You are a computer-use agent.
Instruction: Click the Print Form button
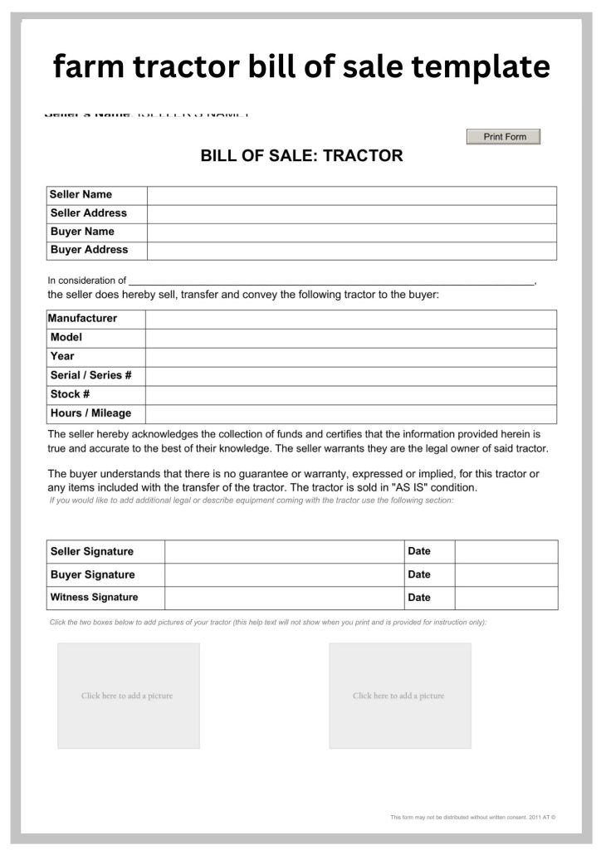[x=503, y=137]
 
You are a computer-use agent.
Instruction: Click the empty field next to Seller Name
[x=351, y=195]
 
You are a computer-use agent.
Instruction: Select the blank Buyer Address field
[x=351, y=250]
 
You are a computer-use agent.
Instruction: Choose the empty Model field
[x=350, y=338]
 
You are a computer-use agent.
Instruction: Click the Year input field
[x=350, y=357]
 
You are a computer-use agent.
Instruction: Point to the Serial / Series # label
[x=90, y=375]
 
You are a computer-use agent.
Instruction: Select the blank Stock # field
[x=350, y=394]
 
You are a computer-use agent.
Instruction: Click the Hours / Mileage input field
[x=350, y=413]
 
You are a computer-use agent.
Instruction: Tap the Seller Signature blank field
[x=284, y=551]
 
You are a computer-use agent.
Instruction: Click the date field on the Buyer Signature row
[x=506, y=574]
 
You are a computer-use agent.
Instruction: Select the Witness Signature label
[x=94, y=598]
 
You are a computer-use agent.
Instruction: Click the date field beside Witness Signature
[x=506, y=598]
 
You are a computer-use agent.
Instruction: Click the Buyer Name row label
[x=82, y=232]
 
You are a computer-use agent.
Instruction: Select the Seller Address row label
[x=88, y=213]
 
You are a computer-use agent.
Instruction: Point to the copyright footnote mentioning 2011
[x=472, y=818]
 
